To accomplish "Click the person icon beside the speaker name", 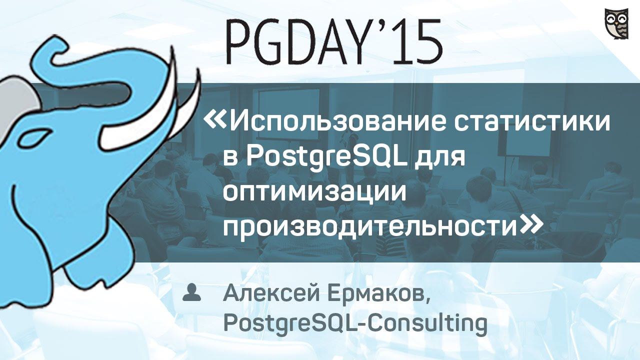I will pos(191,293).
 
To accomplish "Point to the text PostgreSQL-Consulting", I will pos(355,322).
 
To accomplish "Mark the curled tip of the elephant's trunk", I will pos(55,47).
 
